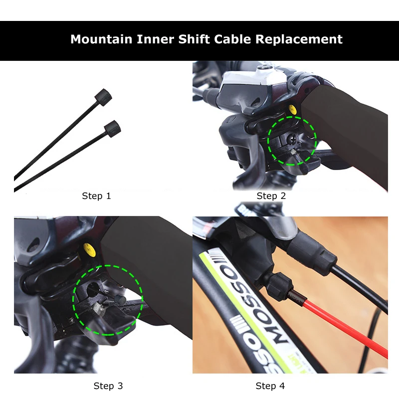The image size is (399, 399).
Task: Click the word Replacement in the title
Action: pos(299,39)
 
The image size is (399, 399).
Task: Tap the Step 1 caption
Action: pos(96,196)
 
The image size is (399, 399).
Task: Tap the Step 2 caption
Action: pos(271,196)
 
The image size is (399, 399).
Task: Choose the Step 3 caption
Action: pos(108,386)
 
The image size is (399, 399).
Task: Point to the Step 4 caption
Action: pos(270,386)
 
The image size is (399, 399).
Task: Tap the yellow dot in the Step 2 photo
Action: pos(292,109)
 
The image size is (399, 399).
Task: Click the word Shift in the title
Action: pos(195,39)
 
